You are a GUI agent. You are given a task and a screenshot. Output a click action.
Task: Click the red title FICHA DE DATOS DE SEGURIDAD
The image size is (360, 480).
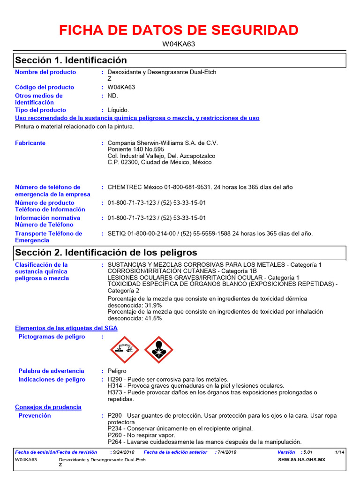click(179, 30)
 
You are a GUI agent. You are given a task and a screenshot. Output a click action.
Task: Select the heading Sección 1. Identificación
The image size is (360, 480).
click(71, 60)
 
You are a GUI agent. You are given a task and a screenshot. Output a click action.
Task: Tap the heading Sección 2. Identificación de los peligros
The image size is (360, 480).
click(106, 253)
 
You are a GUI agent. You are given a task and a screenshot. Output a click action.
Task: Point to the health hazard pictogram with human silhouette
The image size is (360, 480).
click(158, 350)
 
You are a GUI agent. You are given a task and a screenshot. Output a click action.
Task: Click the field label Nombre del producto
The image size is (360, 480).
click(45, 72)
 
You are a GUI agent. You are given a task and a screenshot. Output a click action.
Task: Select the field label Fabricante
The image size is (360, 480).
click(30, 143)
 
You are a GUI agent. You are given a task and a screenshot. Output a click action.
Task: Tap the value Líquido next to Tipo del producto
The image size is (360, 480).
click(118, 110)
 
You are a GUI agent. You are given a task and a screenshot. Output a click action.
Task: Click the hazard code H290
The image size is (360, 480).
click(115, 379)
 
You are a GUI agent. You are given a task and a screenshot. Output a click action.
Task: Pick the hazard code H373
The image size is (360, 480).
click(115, 392)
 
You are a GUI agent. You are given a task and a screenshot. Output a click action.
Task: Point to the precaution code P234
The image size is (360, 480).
click(115, 428)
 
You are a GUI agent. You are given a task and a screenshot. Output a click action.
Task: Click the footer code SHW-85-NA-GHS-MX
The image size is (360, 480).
click(301, 460)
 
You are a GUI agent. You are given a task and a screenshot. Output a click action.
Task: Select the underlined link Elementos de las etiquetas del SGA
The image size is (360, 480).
click(66, 328)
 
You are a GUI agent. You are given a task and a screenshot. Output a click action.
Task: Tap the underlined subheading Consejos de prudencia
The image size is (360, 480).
click(48, 407)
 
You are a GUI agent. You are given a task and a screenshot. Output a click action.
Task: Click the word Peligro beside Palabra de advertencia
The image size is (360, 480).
click(117, 371)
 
